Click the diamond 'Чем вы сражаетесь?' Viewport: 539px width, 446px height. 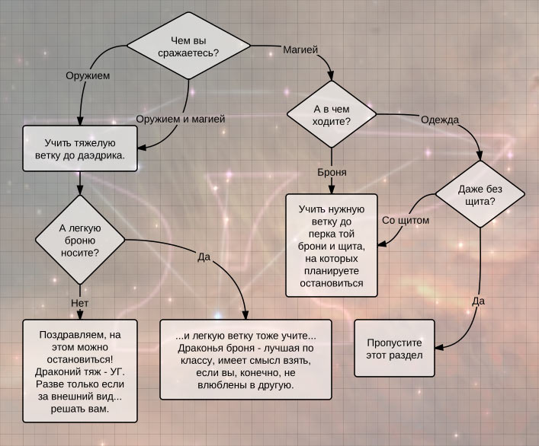click(x=188, y=46)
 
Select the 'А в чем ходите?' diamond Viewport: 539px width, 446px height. click(x=332, y=114)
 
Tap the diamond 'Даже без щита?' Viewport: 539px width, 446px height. click(x=480, y=194)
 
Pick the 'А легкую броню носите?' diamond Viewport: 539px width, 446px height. click(x=80, y=240)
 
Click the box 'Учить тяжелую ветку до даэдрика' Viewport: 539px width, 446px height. click(x=80, y=148)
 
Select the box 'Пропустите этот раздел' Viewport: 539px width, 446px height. click(x=394, y=349)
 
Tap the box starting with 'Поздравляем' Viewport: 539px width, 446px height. click(x=80, y=371)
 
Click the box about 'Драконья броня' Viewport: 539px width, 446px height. click(x=245, y=360)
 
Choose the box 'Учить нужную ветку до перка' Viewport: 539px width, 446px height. click(x=332, y=246)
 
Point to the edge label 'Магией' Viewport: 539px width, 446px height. click(x=300, y=49)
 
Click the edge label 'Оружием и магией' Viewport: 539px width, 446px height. click(x=181, y=119)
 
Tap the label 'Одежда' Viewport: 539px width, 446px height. click(x=440, y=119)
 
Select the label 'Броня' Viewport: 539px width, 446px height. click(x=332, y=172)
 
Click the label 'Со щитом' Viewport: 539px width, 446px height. click(x=406, y=220)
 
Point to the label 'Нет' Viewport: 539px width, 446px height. click(x=80, y=303)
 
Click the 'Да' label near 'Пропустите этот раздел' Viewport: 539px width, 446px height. click(x=478, y=301)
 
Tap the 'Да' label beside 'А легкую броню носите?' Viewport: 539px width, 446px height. click(x=204, y=256)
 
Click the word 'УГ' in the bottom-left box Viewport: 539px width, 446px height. click(x=119, y=372)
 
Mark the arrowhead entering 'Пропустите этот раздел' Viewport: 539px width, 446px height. click(x=439, y=348)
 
